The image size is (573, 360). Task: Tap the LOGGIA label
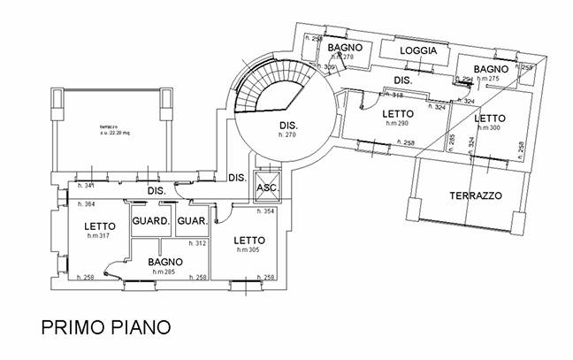[418, 51]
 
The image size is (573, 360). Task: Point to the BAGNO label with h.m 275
[490, 69]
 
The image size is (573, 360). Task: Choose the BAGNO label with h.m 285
[165, 262]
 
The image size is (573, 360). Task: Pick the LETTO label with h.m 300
[488, 118]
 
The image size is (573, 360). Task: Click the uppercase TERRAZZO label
[476, 194]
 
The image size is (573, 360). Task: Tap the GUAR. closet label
[191, 221]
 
